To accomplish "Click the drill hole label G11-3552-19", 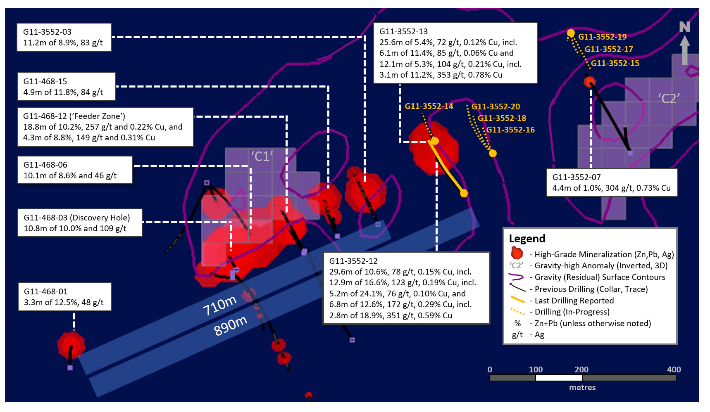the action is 602,37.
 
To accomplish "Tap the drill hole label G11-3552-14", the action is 429,106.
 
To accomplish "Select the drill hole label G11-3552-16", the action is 510,130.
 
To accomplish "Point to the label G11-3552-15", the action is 615,63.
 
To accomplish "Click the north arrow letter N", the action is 685,27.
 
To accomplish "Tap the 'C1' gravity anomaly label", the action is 262,156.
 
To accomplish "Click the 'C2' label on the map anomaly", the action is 669,98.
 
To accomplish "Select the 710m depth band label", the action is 219,305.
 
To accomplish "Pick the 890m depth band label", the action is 230,326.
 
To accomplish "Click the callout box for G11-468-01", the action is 65,297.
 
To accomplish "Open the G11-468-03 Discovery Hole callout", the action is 80,223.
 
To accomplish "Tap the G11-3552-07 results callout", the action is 612,182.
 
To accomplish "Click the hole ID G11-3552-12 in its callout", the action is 353,261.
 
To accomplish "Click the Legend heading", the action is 527,239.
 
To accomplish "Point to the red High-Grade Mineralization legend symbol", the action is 517,253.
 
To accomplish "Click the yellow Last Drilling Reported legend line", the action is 517,300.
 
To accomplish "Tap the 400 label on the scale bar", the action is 674,369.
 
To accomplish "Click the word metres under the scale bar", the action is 582,388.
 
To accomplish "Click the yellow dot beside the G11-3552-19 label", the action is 571,33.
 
